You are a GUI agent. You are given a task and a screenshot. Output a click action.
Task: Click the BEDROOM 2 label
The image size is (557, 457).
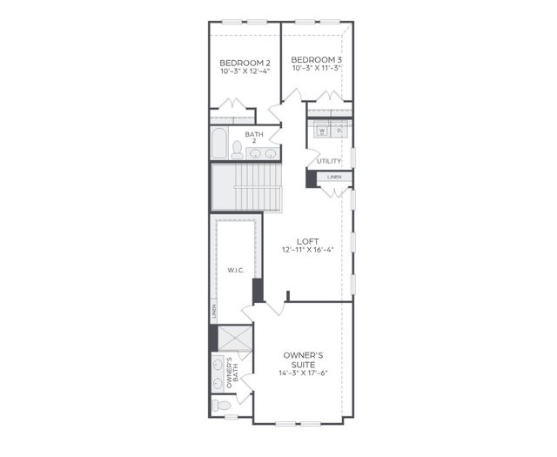[245, 63]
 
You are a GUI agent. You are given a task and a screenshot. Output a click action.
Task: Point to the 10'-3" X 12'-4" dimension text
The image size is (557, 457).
[245, 71]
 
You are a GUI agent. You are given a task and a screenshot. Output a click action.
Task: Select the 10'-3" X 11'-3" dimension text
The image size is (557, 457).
[315, 68]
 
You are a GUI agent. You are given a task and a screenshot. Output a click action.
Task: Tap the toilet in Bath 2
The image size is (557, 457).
[237, 150]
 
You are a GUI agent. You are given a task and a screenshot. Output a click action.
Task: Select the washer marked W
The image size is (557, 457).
[321, 131]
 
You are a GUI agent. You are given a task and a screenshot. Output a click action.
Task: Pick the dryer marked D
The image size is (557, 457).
[339, 131]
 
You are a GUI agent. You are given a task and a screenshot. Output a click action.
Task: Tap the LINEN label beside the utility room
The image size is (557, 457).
[335, 178]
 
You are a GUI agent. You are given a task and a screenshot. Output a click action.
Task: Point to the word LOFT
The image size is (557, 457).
[307, 241]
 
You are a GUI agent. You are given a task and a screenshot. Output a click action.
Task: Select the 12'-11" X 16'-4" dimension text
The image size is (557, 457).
[307, 251]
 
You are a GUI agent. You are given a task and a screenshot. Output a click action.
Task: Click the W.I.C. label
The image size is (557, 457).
[235, 270]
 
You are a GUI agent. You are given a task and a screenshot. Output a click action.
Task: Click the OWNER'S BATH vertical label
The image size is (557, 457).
[229, 373]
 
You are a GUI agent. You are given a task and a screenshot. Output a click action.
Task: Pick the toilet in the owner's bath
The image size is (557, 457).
[223, 406]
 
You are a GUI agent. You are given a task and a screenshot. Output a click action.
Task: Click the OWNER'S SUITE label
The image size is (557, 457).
[303, 360]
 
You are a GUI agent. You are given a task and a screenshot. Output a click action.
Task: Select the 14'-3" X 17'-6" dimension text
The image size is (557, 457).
[303, 373]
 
